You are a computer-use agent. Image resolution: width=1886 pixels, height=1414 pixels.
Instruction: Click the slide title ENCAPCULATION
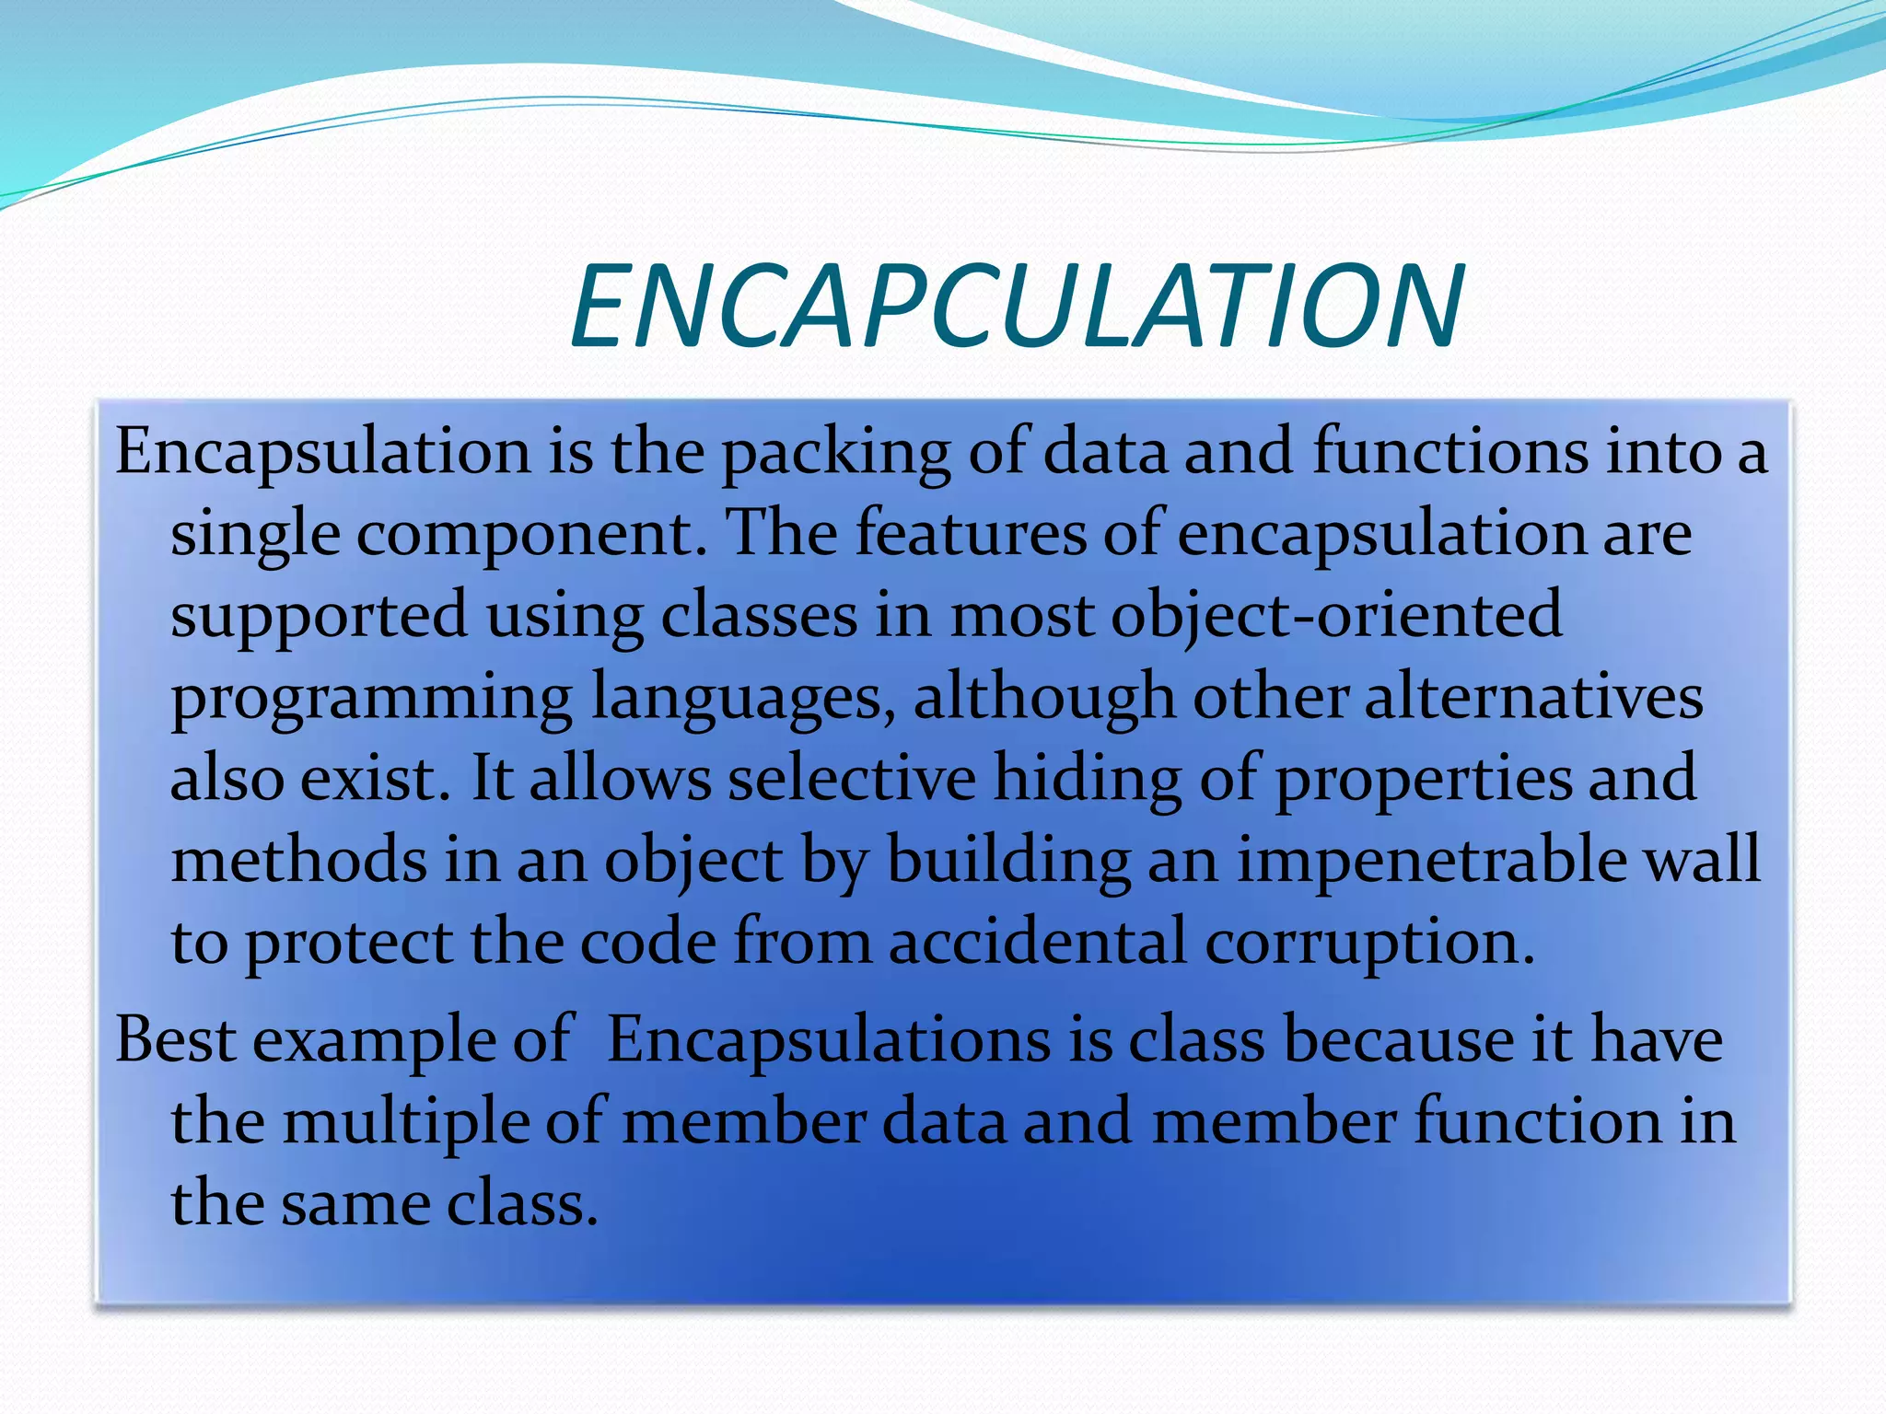(1017, 307)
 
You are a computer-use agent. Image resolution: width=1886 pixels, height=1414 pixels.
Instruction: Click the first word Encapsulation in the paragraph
(322, 453)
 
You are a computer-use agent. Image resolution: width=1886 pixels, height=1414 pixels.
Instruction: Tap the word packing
(835, 453)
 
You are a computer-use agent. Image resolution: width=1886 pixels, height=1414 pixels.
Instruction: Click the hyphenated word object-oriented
(1336, 615)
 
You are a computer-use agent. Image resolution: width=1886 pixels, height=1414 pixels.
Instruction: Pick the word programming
(371, 698)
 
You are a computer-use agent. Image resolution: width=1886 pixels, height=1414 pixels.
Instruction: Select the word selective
(851, 778)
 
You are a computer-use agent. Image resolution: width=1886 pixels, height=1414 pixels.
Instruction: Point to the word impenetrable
(1431, 860)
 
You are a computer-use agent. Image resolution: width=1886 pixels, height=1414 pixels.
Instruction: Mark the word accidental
(1038, 942)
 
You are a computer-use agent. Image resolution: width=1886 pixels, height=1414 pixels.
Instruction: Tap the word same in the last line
(355, 1203)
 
